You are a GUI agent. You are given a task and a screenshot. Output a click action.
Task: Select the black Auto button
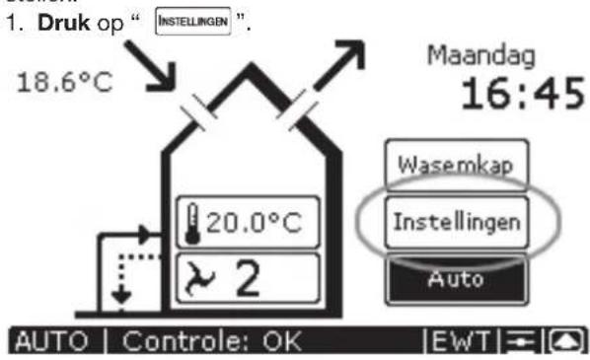455,278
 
